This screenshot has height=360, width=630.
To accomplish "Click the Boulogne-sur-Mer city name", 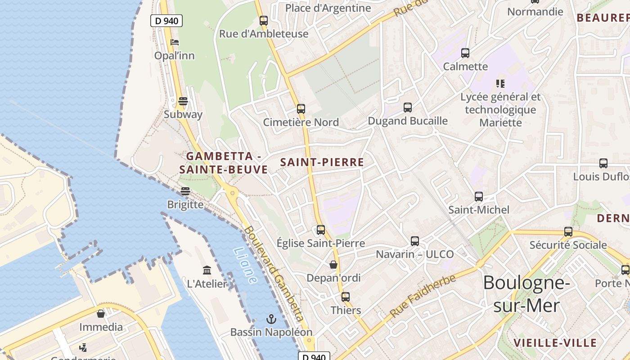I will [526, 294].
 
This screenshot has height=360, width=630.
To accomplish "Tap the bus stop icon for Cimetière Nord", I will [301, 109].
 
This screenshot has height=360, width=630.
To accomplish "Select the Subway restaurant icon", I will [183, 101].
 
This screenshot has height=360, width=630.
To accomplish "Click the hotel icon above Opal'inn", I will [175, 43].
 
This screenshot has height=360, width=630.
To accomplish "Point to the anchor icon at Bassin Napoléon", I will [271, 319].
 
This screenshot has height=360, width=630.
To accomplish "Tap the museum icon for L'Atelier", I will [207, 270].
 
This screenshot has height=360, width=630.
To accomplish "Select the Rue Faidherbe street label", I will [423, 296].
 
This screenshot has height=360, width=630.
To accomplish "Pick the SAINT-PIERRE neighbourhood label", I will [322, 162].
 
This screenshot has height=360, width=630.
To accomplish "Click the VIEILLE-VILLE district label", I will [555, 342].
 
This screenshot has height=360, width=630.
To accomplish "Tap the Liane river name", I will [245, 266].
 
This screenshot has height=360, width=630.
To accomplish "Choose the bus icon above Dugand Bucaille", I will [408, 108].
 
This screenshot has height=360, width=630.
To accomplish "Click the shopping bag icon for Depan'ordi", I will [333, 265].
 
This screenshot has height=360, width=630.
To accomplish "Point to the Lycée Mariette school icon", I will [500, 84].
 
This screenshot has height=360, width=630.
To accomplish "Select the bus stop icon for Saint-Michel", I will [479, 197].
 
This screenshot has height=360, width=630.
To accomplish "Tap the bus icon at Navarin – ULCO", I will [415, 241].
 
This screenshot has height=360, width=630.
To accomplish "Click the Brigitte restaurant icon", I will [185, 191].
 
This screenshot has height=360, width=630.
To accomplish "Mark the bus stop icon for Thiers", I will [346, 297].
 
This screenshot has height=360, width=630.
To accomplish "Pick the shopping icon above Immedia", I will [101, 314].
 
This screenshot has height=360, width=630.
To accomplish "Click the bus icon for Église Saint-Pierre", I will [321, 230].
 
